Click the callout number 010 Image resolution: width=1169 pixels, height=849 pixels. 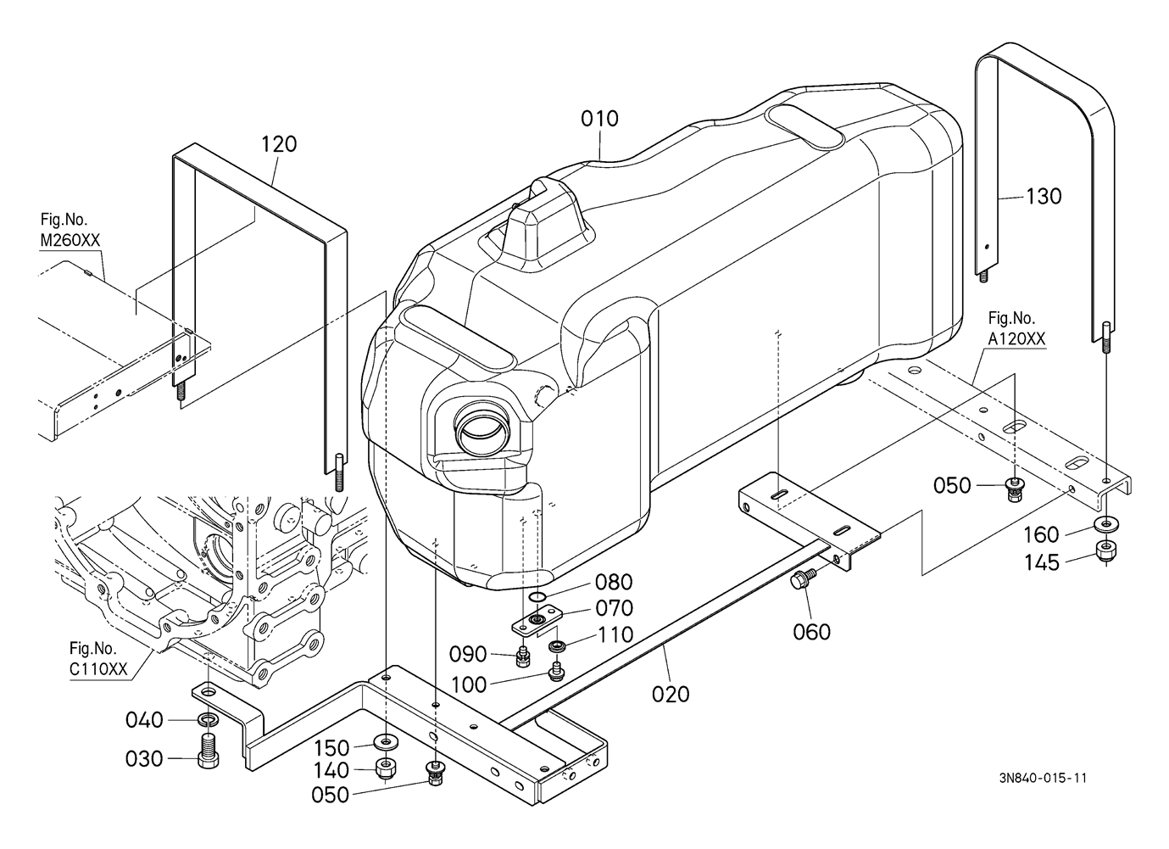click(599, 119)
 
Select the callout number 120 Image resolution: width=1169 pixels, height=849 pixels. click(279, 144)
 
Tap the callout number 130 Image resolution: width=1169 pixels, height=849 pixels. click(1044, 197)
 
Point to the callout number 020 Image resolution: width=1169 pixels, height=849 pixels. click(671, 695)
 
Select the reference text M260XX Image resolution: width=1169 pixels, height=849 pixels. click(70, 240)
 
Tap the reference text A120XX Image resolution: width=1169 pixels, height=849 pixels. click(1016, 339)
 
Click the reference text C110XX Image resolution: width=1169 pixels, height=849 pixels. click(98, 669)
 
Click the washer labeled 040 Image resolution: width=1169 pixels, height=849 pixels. click(209, 721)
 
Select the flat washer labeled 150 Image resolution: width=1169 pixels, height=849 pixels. click(385, 740)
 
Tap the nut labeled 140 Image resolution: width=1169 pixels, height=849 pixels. click(385, 768)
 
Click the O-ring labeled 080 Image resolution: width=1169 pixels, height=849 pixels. click(537, 596)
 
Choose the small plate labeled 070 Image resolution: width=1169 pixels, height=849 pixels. click(537, 619)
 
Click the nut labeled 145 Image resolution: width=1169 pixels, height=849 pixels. click(1105, 551)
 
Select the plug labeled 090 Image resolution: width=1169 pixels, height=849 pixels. click(521, 656)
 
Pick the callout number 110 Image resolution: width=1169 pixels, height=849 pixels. click(615, 635)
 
